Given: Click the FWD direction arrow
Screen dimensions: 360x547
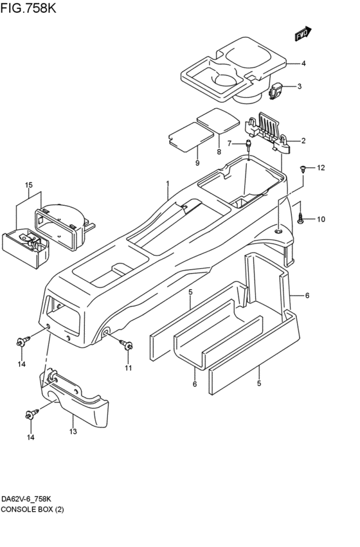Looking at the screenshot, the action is pyautogui.click(x=303, y=33).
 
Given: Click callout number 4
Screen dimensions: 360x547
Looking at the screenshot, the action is pyautogui.click(x=303, y=64).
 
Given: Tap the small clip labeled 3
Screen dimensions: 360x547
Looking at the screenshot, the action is pyautogui.click(x=276, y=91).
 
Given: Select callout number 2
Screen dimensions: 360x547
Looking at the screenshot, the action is pyautogui.click(x=303, y=141).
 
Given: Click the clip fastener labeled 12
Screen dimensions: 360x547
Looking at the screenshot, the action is pyautogui.click(x=303, y=170).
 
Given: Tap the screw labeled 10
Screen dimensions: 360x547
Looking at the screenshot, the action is pyautogui.click(x=300, y=219).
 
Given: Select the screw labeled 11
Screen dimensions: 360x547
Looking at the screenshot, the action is pyautogui.click(x=126, y=345).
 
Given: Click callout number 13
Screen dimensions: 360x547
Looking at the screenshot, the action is pyautogui.click(x=73, y=431).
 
